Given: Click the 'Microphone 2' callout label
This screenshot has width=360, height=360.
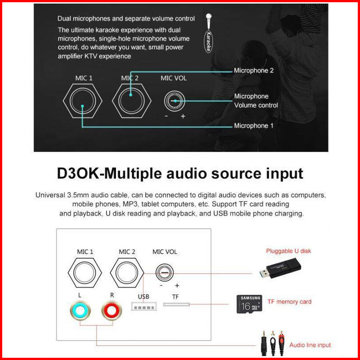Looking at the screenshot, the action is pos(254,70).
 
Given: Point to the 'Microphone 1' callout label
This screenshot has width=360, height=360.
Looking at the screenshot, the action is pos(254,126).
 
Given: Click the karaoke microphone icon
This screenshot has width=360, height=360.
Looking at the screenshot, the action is pos(208,33).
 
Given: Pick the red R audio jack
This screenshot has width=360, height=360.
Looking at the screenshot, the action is pos(112,309).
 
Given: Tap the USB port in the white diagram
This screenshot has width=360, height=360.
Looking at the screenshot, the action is pos(144,307).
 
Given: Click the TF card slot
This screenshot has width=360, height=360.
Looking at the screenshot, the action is pos(176,304).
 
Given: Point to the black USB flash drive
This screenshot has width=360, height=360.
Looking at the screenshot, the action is pos(280,269).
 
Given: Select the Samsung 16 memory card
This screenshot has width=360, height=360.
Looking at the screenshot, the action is pos(249,304).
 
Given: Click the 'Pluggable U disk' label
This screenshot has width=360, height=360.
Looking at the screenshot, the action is pos(288,251).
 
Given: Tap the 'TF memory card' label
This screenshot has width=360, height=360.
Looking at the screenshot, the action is pos(289,302).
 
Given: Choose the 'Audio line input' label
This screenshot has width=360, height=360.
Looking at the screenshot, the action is pos(310,345).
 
